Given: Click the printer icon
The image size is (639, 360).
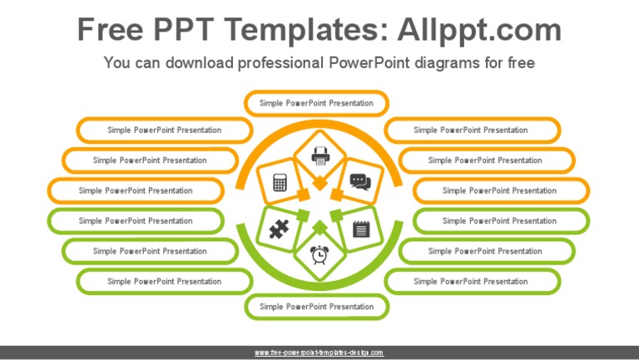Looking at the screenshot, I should click(320, 155).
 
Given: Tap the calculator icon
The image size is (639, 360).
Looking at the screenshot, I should click(280, 182).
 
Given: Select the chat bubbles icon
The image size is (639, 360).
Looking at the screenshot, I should click(359, 180).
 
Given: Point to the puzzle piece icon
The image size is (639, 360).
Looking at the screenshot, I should click(279, 229).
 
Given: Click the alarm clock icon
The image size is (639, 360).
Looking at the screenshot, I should click(319, 254).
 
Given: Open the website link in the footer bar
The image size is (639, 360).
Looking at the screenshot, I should click(319, 353).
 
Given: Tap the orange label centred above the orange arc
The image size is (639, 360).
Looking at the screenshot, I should click(316, 103).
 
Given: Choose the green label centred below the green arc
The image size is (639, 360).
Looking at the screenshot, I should click(316, 307).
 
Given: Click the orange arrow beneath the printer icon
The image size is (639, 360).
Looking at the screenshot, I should click(319, 184).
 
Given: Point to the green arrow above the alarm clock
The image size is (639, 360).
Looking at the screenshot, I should click(319, 225).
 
